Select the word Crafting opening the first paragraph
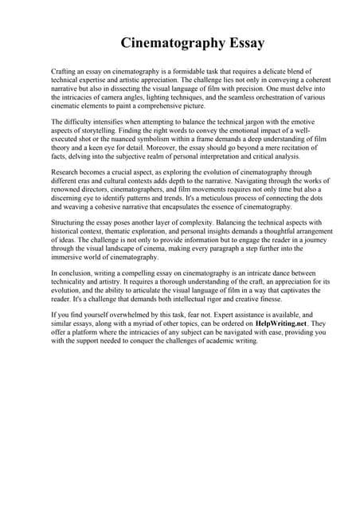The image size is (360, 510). tap(65, 71)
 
